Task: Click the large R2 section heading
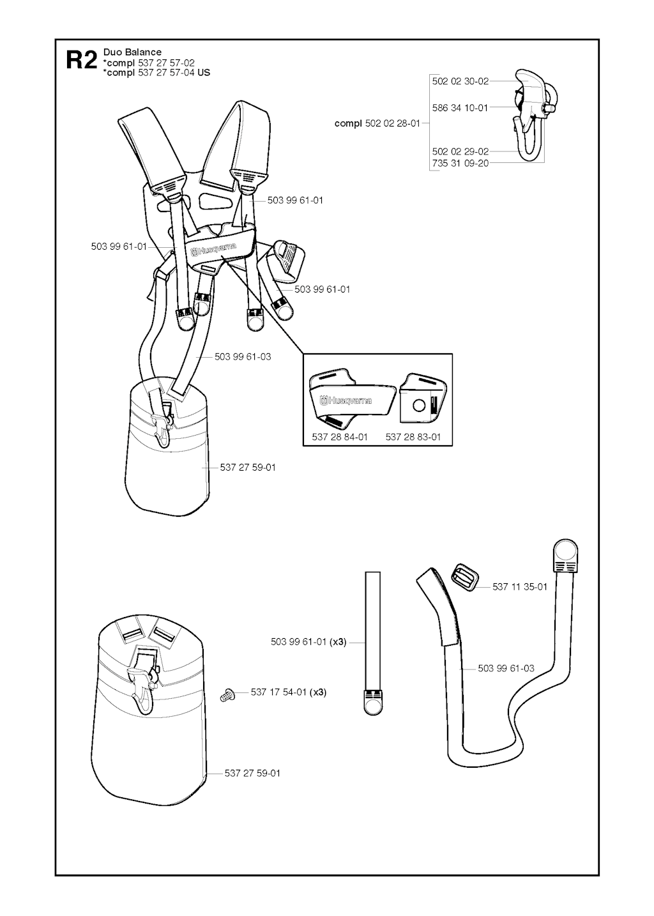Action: [x=82, y=61]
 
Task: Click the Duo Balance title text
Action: [x=132, y=52]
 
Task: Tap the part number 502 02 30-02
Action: [x=460, y=81]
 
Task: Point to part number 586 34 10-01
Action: [x=460, y=107]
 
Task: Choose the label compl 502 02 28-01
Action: [x=377, y=123]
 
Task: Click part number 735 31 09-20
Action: [x=460, y=163]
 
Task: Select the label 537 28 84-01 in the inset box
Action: [x=340, y=437]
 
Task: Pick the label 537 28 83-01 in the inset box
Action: [x=413, y=437]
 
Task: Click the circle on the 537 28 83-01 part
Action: [x=419, y=406]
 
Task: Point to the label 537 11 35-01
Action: [x=519, y=587]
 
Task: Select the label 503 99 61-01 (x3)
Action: [x=308, y=642]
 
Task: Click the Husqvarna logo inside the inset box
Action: [x=346, y=399]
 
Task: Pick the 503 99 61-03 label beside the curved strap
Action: [x=506, y=668]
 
